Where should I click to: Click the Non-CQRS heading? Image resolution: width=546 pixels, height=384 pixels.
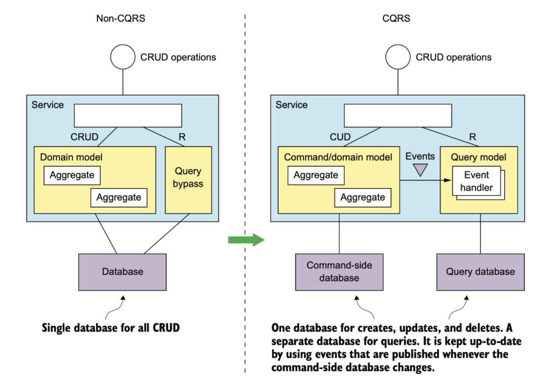[x=120, y=18]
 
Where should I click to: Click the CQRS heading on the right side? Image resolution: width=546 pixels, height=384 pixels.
[x=396, y=18]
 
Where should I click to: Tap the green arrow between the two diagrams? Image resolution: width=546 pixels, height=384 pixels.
[x=247, y=240]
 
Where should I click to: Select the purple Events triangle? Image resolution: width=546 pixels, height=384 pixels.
[x=420, y=170]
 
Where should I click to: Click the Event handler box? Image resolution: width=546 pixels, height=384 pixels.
[x=476, y=181]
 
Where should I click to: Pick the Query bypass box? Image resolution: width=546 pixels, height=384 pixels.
[x=188, y=180]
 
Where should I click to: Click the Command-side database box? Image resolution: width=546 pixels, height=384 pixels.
[x=339, y=272]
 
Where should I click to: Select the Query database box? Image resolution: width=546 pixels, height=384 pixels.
[x=481, y=272]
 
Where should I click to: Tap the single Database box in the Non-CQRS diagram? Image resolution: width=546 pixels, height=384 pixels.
[x=122, y=272]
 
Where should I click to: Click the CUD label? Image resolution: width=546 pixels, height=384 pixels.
[x=340, y=137]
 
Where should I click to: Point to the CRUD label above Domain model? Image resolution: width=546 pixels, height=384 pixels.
[x=84, y=137]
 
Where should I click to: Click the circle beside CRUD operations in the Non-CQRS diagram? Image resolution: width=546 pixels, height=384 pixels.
[x=123, y=57]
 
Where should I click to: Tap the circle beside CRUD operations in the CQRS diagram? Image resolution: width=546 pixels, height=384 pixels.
[x=398, y=57]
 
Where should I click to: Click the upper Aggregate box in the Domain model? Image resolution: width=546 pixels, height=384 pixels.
[x=72, y=175]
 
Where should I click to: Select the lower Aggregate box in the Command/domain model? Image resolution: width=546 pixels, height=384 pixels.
[x=363, y=198]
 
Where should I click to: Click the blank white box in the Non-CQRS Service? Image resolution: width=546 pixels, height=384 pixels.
[x=128, y=116]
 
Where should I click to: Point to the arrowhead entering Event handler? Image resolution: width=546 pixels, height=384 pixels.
[x=448, y=180]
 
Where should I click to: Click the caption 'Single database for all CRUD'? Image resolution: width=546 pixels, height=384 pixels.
[x=111, y=328]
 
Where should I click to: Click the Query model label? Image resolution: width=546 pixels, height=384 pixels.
[x=478, y=157]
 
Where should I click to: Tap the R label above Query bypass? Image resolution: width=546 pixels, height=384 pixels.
[x=182, y=137]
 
